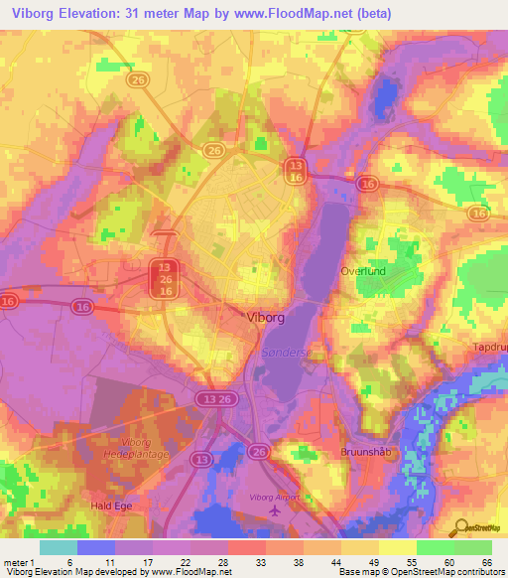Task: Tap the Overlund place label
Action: pos(390,270)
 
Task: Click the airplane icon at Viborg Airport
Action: pos(274,509)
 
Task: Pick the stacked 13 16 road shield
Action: pos(296,169)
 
